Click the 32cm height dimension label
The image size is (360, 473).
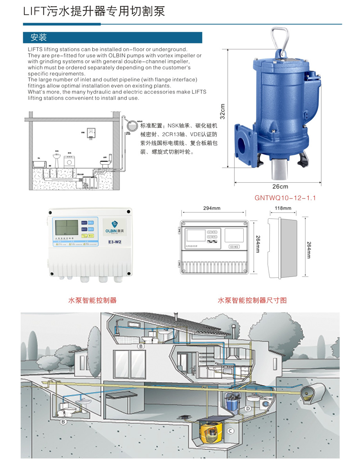(223, 111)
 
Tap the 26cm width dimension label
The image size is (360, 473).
(280, 187)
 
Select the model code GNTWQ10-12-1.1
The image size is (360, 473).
(285, 198)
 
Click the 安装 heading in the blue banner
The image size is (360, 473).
(39, 38)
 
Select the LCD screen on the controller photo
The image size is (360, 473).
(67, 228)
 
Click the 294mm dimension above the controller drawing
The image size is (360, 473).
(212, 209)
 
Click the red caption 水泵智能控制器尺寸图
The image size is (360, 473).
(252, 300)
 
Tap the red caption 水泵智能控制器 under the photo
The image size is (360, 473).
(92, 300)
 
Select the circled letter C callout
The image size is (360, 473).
(230, 431)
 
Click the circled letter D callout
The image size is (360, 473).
(248, 408)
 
